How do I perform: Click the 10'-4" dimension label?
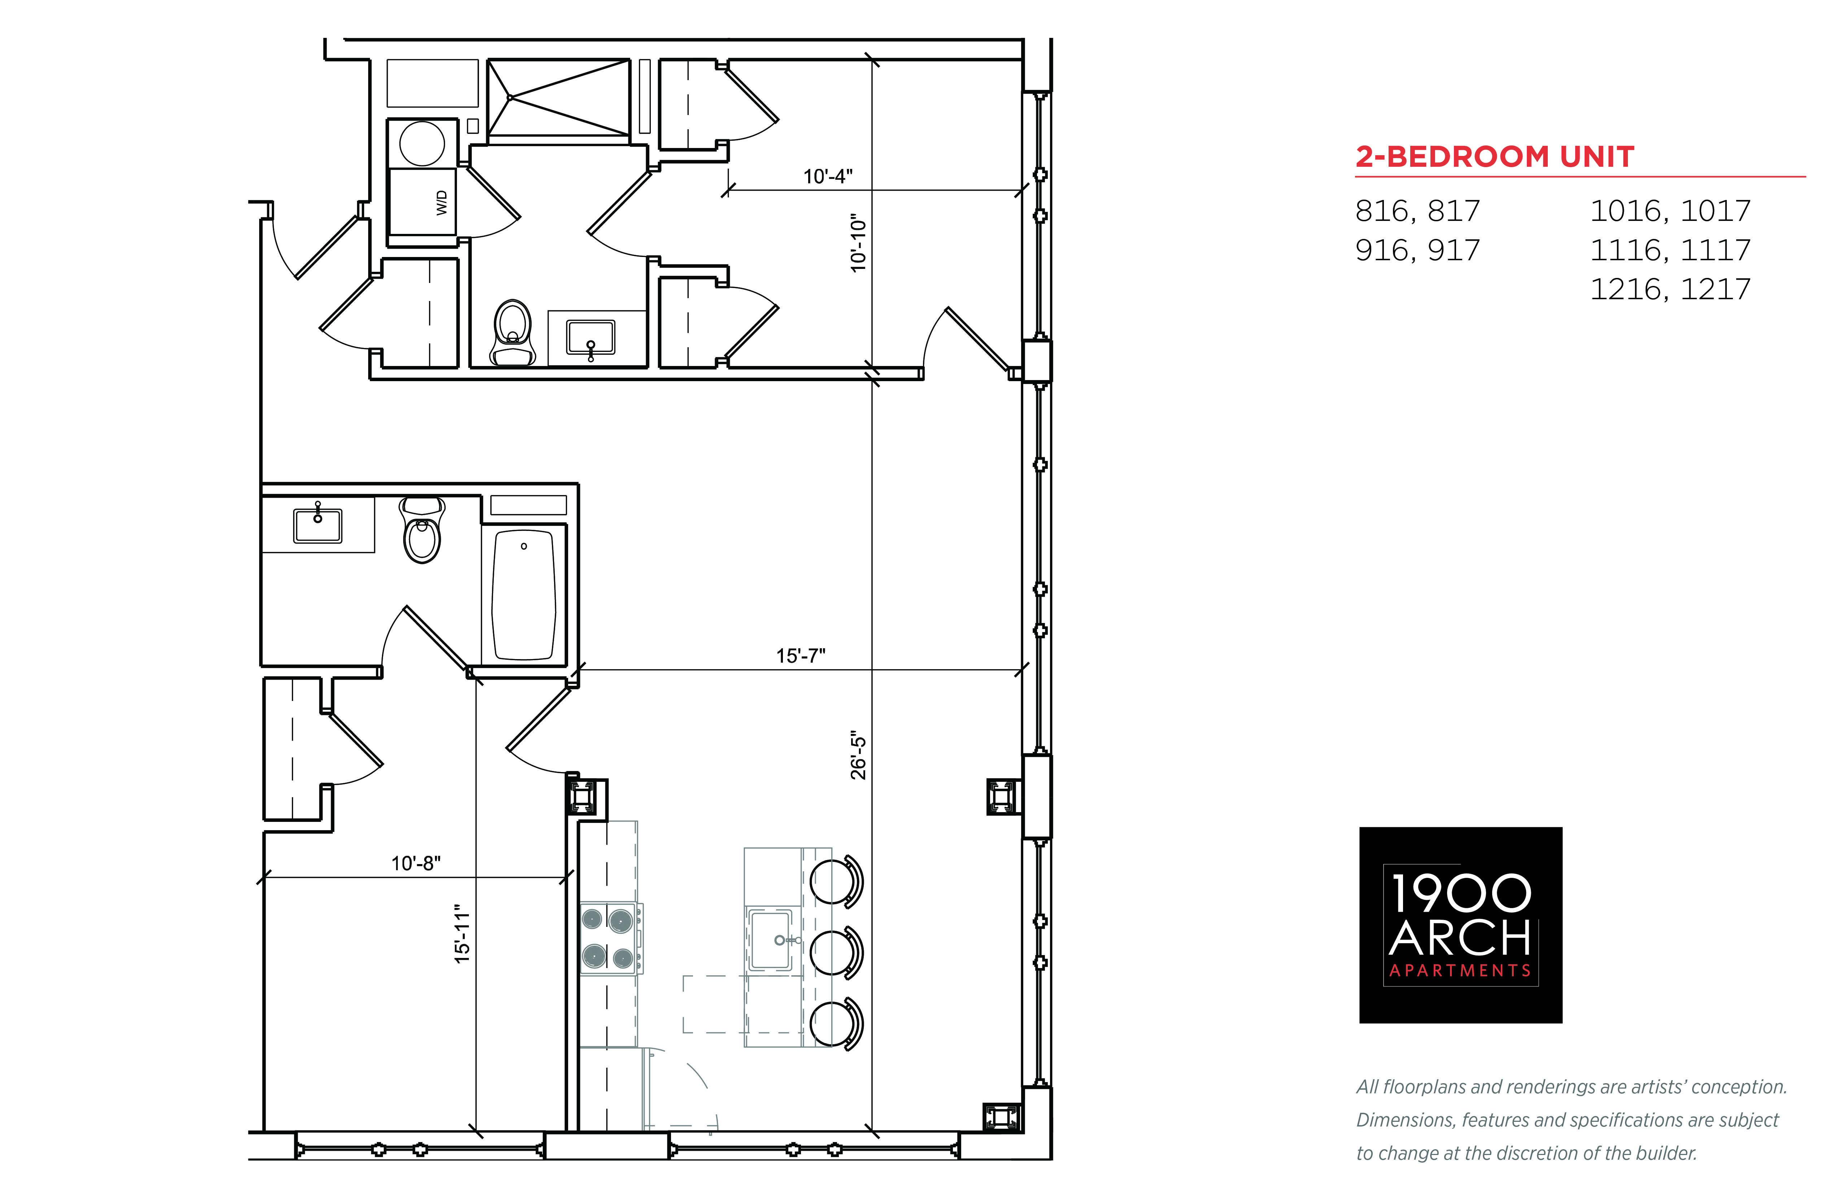tap(827, 177)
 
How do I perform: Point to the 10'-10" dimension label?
tap(858, 243)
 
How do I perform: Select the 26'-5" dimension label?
tap(858, 754)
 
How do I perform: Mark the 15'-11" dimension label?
tap(462, 933)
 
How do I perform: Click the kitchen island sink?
tap(770, 939)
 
